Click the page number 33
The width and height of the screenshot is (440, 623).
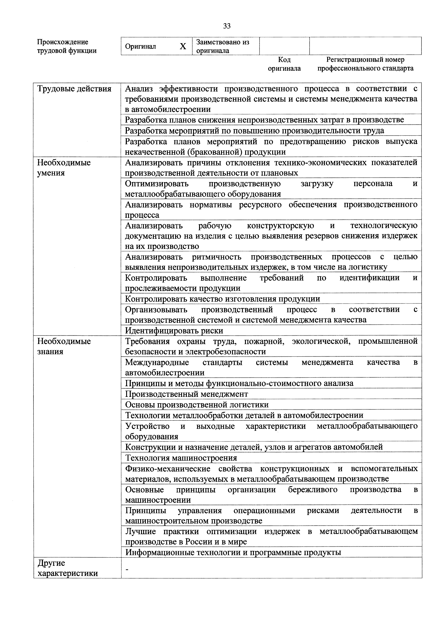tap(227, 26)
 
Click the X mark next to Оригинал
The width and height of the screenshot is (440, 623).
tap(183, 46)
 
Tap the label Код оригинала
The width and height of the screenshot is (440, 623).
tap(284, 64)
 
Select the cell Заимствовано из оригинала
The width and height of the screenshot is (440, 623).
tap(223, 46)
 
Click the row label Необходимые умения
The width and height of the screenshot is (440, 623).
tap(64, 168)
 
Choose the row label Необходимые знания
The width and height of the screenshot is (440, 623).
tap(64, 346)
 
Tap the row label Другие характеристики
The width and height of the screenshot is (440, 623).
tap(67, 568)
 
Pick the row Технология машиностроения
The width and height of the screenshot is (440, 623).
tap(181, 458)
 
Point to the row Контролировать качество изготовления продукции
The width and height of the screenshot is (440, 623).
tap(222, 299)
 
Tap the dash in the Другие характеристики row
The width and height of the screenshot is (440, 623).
tap(126, 569)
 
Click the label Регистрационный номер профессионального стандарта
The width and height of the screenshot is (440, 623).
tap(365, 64)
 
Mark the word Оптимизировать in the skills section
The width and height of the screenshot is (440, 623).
tap(157, 184)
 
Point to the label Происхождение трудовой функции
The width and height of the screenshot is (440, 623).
tap(67, 46)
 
